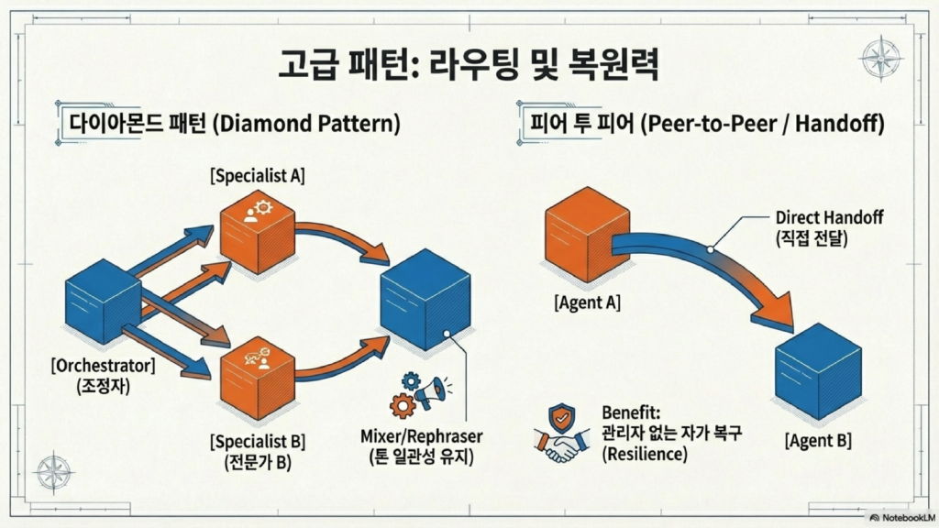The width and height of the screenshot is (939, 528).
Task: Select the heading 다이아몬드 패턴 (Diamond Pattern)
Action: coord(228,124)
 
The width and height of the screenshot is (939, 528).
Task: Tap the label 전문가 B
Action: coord(258,462)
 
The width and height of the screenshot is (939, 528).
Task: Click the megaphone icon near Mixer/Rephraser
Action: coord(430,391)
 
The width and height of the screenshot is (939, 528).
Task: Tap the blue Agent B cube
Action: coord(818,367)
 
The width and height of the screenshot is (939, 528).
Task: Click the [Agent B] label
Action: coord(818,440)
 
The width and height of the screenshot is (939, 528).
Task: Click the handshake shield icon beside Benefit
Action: coord(560,432)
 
